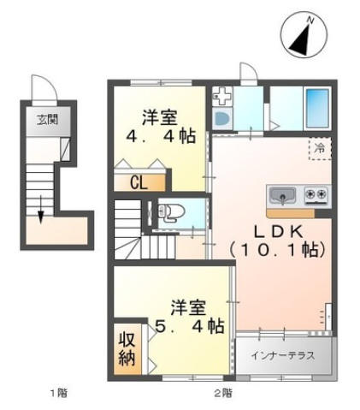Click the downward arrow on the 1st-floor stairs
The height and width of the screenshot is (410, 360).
point(40,205)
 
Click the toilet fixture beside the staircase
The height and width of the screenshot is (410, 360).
point(169,213)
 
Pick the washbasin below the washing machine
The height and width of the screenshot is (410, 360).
point(221,120)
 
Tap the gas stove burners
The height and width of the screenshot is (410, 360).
point(316,194)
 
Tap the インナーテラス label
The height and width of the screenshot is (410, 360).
point(284,354)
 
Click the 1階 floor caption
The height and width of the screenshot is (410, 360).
point(57,393)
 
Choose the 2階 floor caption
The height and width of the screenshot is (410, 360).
point(221,393)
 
